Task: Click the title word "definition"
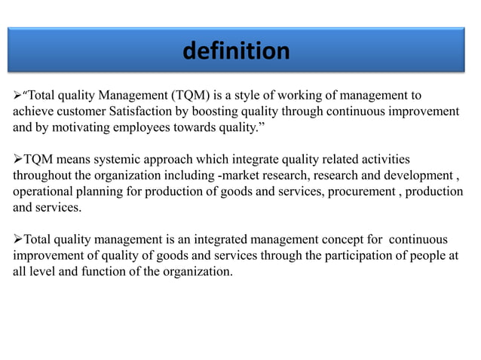pos(236,51)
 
